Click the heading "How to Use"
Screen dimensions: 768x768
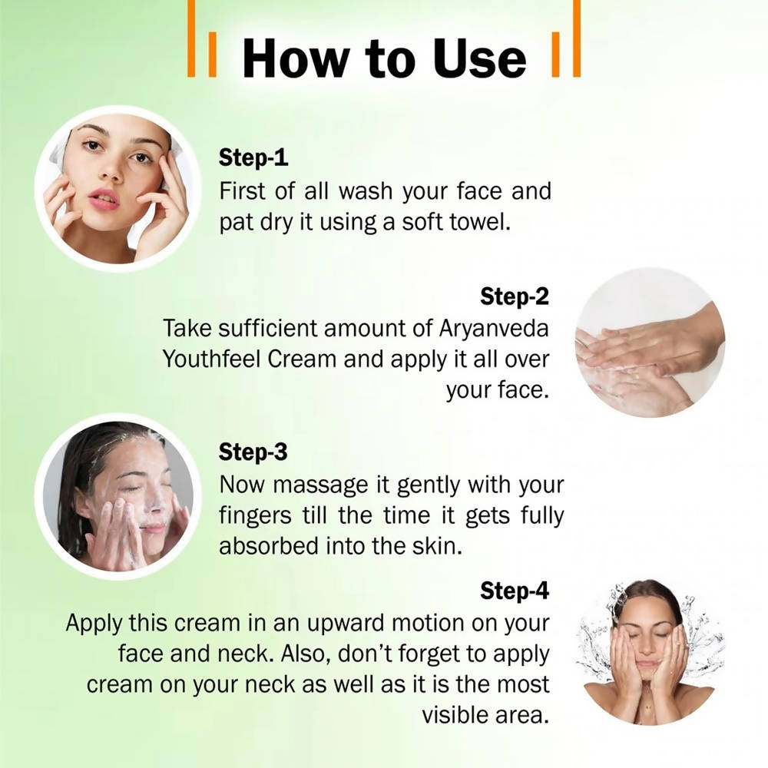pyautogui.click(x=384, y=58)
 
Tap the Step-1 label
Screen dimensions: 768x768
pyautogui.click(x=253, y=158)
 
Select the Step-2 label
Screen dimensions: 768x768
pyautogui.click(x=515, y=296)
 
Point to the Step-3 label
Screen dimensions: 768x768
pyautogui.click(x=253, y=452)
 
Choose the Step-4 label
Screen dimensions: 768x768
pyautogui.click(x=515, y=591)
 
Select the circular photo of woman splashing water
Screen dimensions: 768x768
pyautogui.click(x=650, y=651)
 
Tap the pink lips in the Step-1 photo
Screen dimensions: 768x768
pyautogui.click(x=103, y=199)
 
